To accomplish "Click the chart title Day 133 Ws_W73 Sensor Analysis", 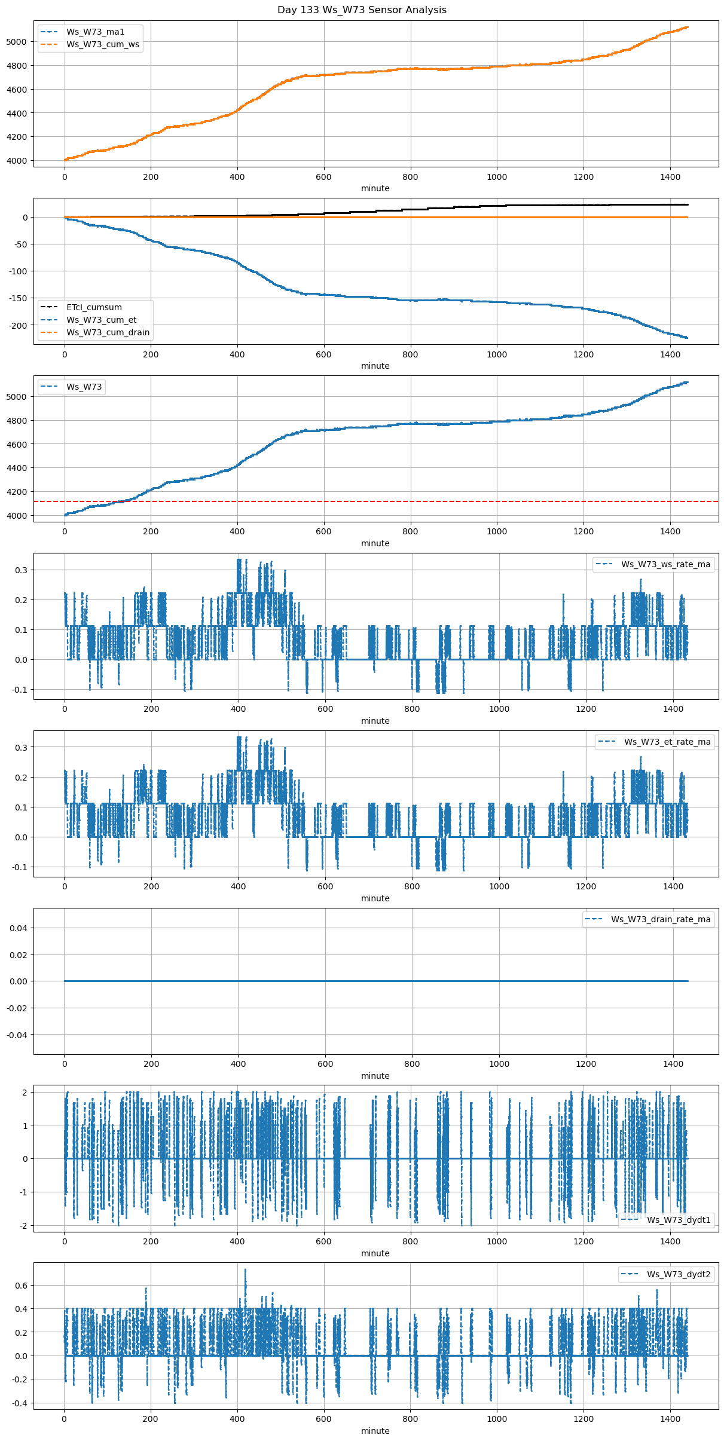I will tap(362, 10).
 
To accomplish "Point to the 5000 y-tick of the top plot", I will tap(16, 42).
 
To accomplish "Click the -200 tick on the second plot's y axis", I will tap(18, 325).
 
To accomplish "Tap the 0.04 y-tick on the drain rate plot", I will tap(18, 928).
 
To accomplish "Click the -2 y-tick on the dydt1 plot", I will tap(23, 1226).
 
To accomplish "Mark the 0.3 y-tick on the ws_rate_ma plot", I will tap(22, 570).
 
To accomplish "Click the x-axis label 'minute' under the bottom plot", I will tap(375, 1431).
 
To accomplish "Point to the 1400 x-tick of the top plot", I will tap(670, 177).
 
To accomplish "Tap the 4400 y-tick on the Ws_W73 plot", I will tap(16, 468).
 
